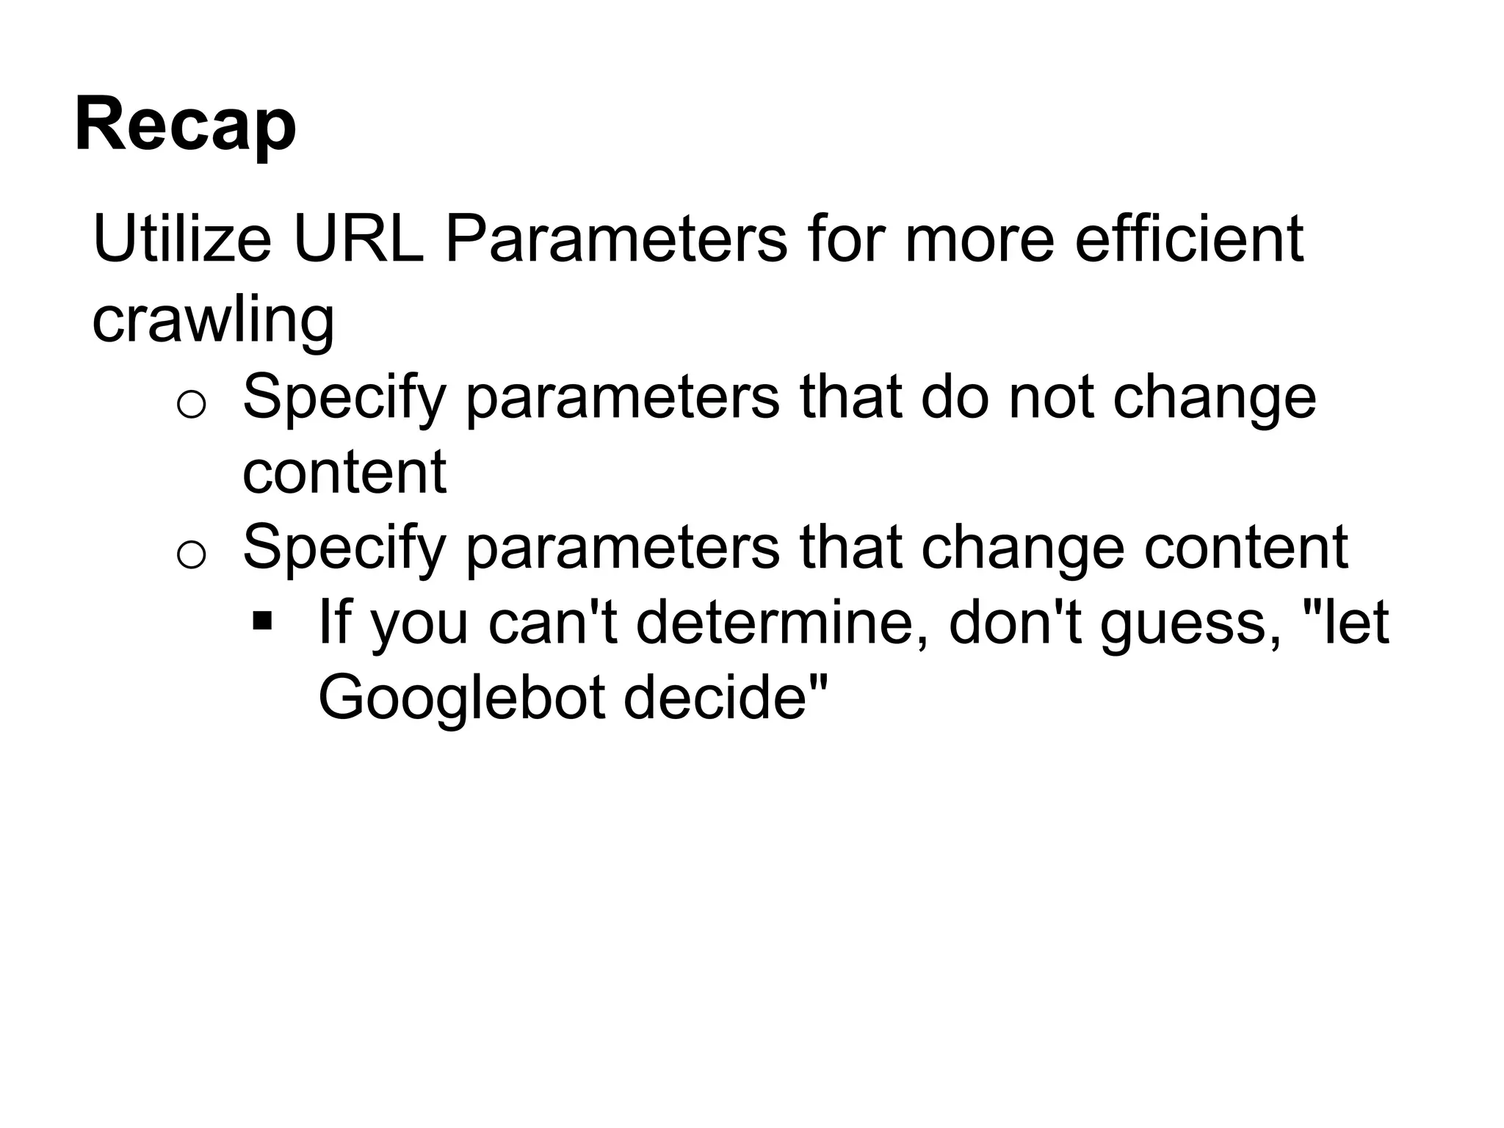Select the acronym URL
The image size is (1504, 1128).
pyautogui.click(x=358, y=239)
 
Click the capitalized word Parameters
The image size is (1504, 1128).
pyautogui.click(x=615, y=239)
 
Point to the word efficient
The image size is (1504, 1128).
pyautogui.click(x=1189, y=239)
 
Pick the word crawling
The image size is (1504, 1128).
pyautogui.click(x=213, y=320)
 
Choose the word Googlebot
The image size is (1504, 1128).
pyautogui.click(x=461, y=697)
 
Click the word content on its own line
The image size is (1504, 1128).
pyautogui.click(x=344, y=472)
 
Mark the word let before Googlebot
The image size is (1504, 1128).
pyautogui.click(x=1359, y=623)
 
